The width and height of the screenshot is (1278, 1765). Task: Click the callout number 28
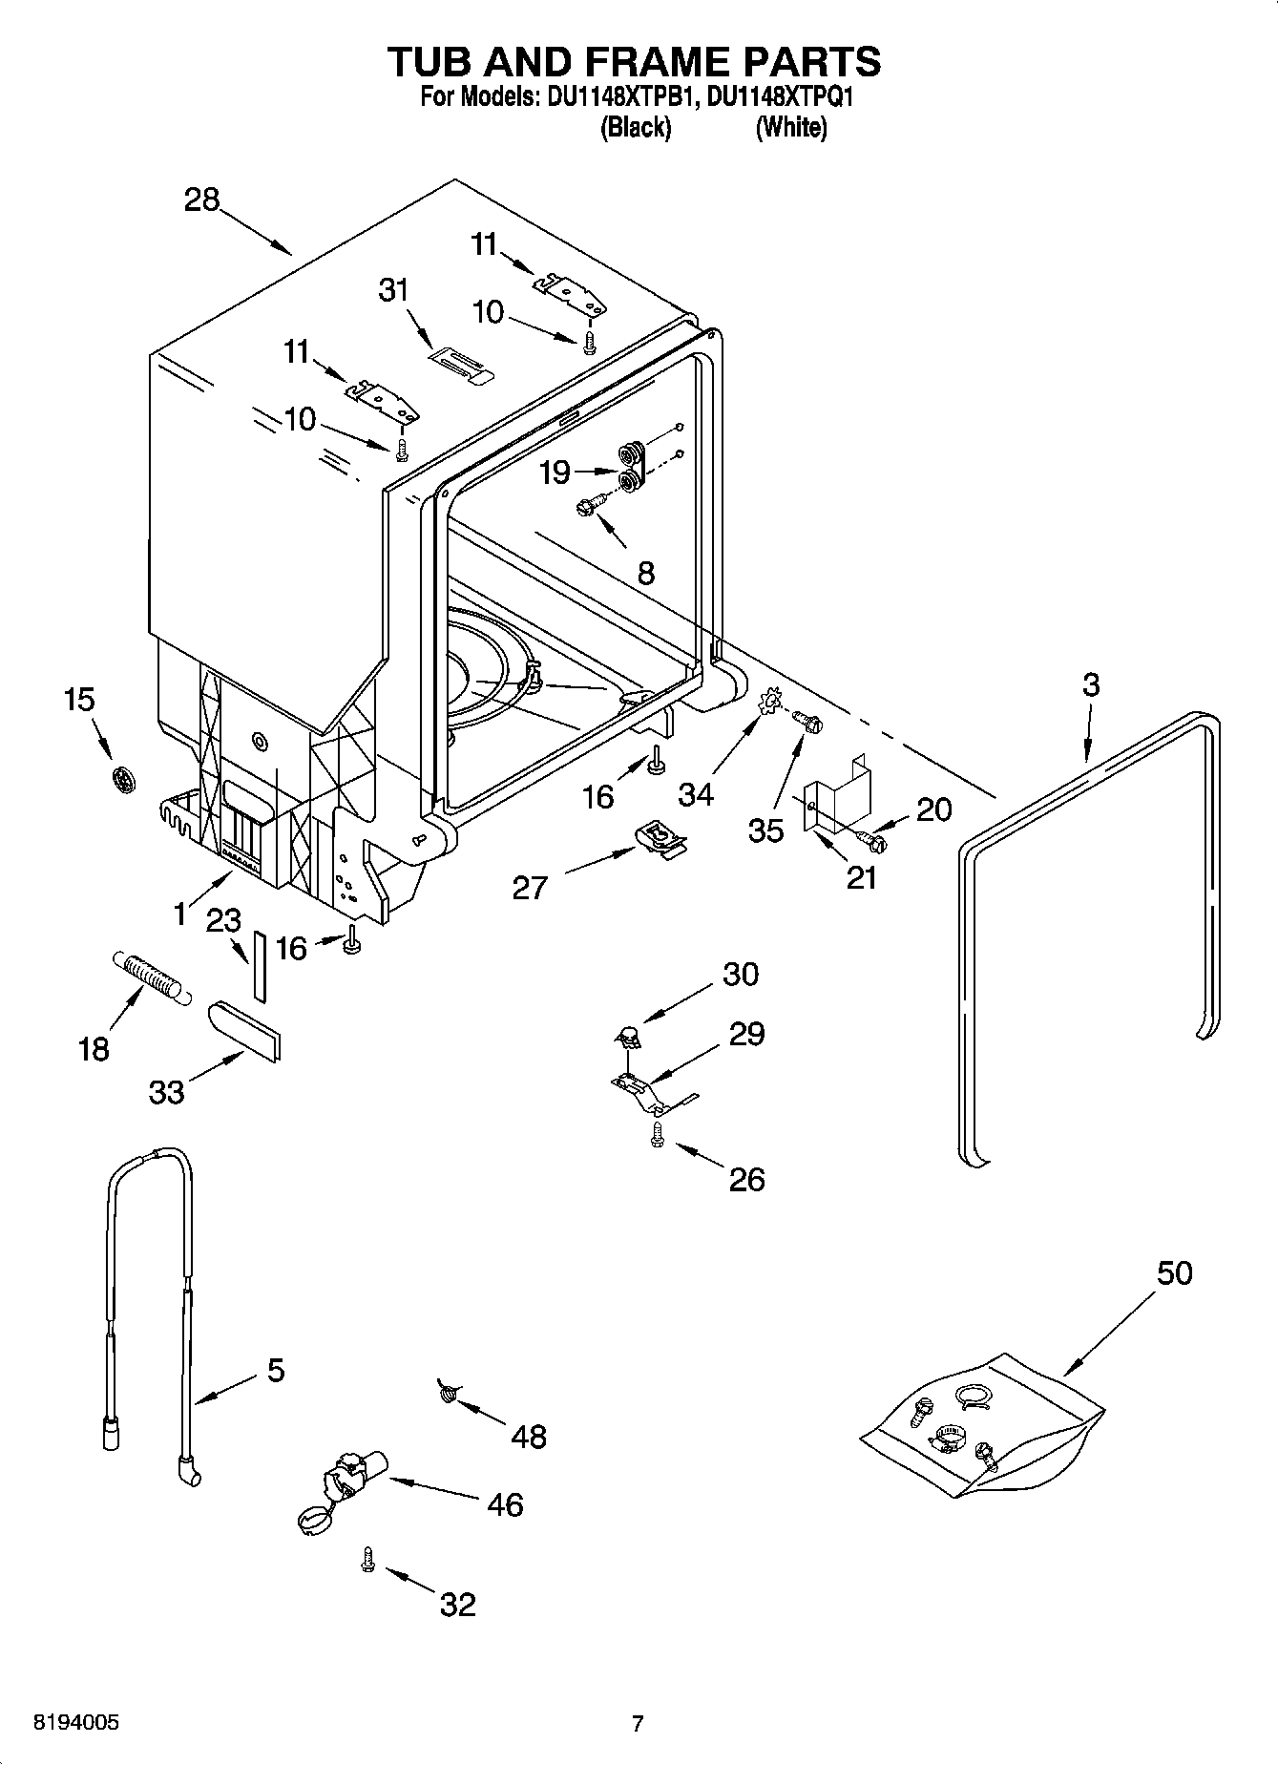(x=202, y=200)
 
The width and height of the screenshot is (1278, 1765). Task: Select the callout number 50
(x=1174, y=1272)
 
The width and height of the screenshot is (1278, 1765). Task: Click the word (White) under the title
(x=790, y=128)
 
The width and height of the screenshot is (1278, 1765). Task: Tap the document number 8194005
(x=76, y=1723)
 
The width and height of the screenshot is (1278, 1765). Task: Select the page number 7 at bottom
(x=638, y=1723)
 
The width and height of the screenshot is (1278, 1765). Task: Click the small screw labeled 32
(x=367, y=1559)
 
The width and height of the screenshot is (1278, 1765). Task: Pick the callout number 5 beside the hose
(x=275, y=1371)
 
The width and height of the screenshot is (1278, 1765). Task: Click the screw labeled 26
(x=657, y=1134)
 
